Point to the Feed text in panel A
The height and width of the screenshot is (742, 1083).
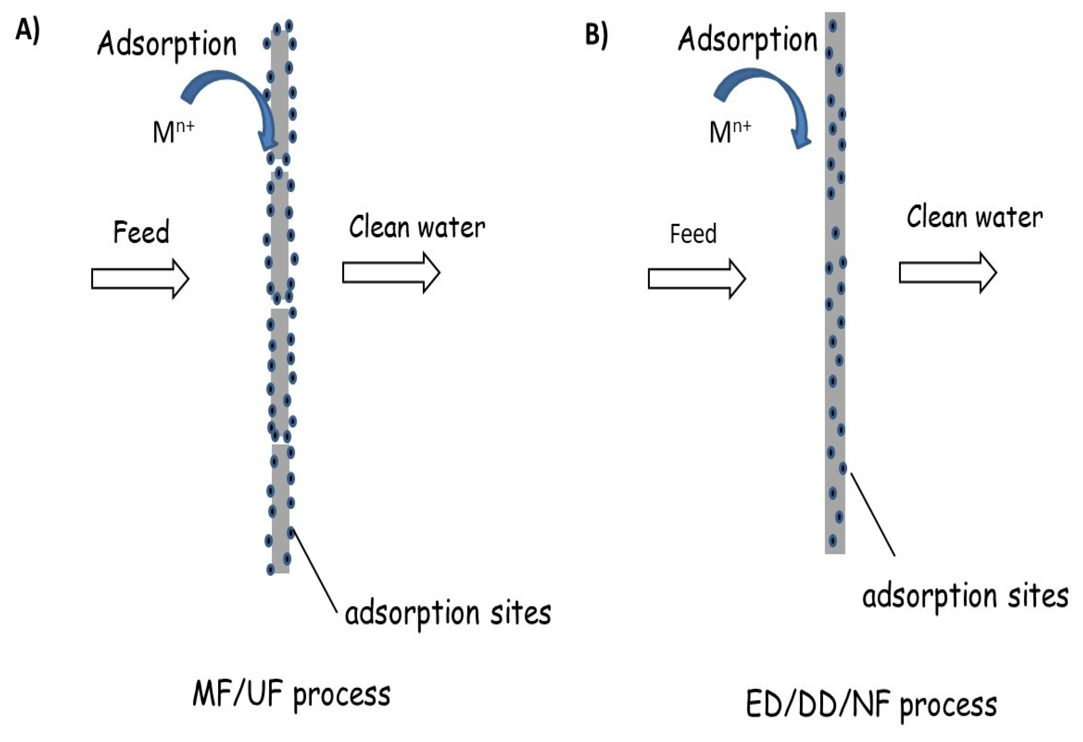(x=141, y=232)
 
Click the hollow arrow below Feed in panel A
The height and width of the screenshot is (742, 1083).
(x=140, y=279)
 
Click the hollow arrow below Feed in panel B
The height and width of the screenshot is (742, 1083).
(x=696, y=279)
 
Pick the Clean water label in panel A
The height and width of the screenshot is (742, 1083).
(x=417, y=228)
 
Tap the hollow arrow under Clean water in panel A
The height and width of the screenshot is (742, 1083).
(x=391, y=273)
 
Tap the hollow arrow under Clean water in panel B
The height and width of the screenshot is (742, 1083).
(x=947, y=273)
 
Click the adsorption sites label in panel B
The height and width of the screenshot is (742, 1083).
(x=965, y=597)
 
